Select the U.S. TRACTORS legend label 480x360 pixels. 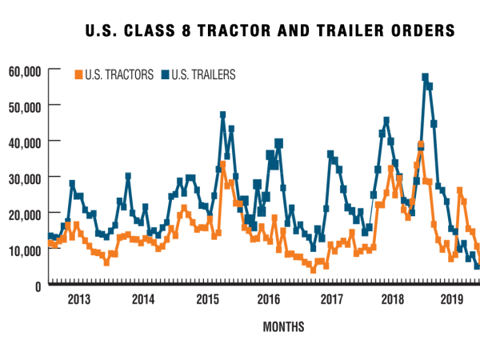(x=118, y=75)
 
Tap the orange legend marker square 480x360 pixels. (x=78, y=75)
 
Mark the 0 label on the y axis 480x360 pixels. (x=38, y=285)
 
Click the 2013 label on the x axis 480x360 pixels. (x=78, y=299)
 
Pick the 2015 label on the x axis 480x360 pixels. (x=206, y=299)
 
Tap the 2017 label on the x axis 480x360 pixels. (x=330, y=299)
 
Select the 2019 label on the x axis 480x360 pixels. (x=454, y=299)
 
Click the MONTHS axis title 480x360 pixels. (x=283, y=326)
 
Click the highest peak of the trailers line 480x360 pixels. (x=425, y=78)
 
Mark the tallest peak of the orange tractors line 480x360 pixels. (x=421, y=145)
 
